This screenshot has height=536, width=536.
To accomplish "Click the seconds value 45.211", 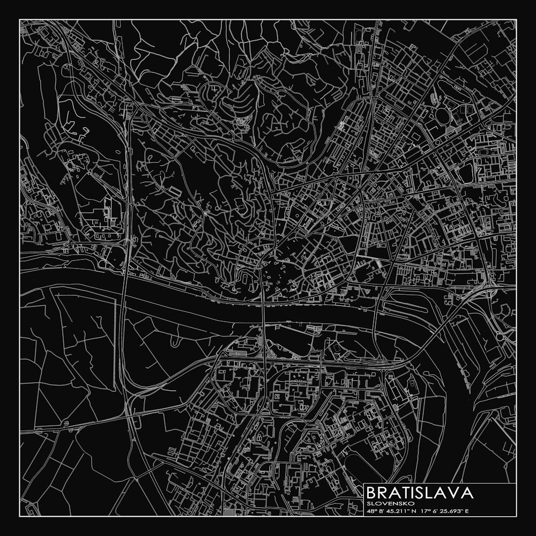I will (394, 511).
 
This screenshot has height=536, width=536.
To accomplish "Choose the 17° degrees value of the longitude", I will (425, 511).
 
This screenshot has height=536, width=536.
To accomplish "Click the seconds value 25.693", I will (448, 511).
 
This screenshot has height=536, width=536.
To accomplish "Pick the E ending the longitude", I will (466, 511).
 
